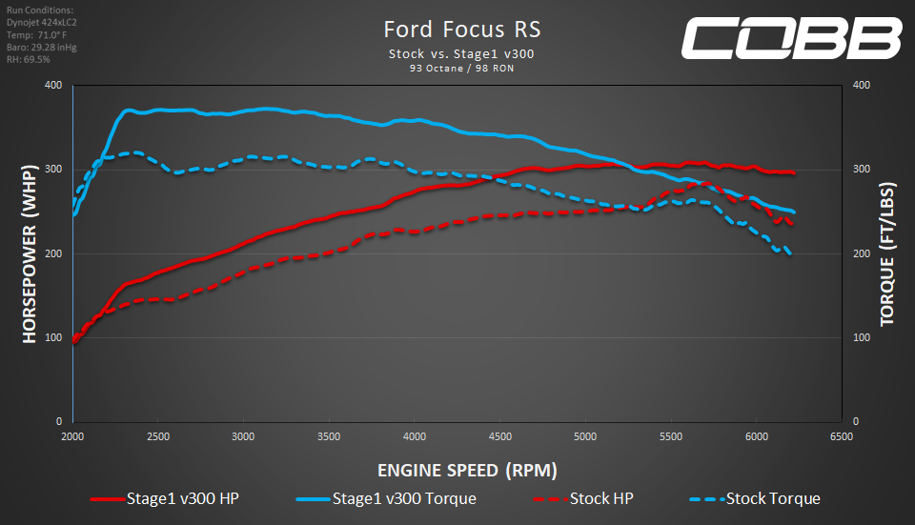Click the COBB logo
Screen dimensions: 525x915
click(x=790, y=38)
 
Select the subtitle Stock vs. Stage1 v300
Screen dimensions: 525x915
click(x=461, y=53)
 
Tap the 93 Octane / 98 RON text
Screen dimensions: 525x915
click(x=461, y=68)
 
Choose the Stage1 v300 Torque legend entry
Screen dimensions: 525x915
click(x=385, y=498)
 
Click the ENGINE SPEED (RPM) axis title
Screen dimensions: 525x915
click(x=467, y=470)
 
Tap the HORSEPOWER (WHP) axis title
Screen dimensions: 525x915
click(x=30, y=253)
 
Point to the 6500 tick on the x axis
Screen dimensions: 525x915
click(x=841, y=436)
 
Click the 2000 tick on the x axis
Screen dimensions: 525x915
click(x=73, y=436)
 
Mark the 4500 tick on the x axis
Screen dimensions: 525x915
click(x=499, y=436)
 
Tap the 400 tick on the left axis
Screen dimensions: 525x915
click(x=53, y=86)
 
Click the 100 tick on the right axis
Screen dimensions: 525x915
click(x=860, y=337)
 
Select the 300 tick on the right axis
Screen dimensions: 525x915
click(x=860, y=170)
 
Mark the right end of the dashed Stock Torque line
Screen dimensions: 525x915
click(x=789, y=253)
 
